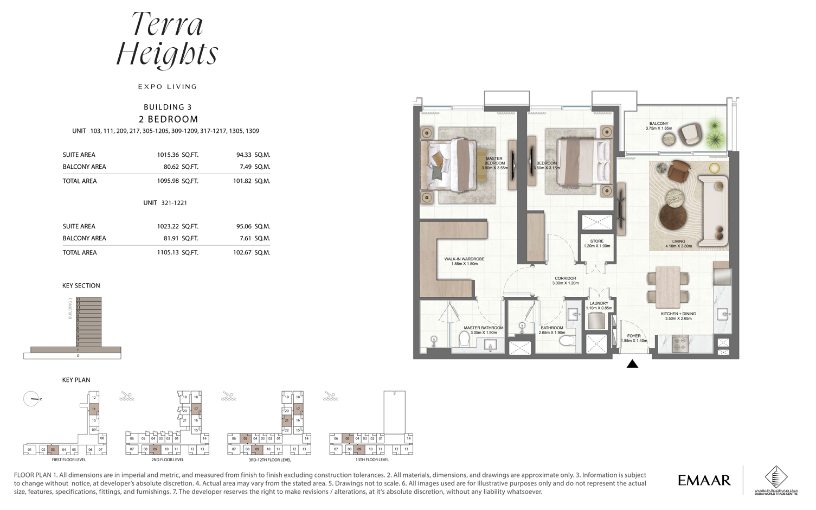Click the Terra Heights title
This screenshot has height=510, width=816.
(167, 39)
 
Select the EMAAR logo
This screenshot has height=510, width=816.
(704, 480)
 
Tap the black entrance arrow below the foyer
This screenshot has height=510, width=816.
(632, 364)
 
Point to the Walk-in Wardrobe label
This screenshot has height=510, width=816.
(464, 261)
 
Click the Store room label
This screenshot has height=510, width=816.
(596, 243)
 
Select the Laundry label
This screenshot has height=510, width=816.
(599, 305)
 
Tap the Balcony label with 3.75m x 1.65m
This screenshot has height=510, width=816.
(658, 126)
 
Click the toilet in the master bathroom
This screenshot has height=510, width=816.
(465, 339)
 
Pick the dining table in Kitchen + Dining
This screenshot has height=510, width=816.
(667, 286)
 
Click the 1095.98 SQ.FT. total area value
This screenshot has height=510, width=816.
(177, 181)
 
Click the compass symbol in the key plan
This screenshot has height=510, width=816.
(32, 399)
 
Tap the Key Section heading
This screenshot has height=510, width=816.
(81, 285)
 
